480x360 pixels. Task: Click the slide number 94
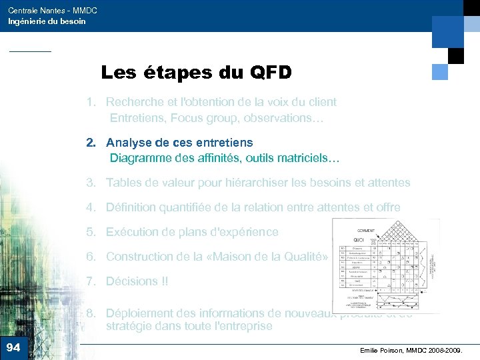pyautogui.click(x=13, y=347)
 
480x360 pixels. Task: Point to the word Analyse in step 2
pyautogui.click(x=128, y=143)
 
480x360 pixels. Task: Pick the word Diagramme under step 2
pyautogui.click(x=140, y=159)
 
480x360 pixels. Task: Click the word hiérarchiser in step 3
pyautogui.click(x=259, y=183)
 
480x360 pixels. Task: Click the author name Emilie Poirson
pyautogui.click(x=383, y=349)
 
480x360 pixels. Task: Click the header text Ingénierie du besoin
pyautogui.click(x=47, y=21)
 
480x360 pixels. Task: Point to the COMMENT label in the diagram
pyautogui.click(x=366, y=231)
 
